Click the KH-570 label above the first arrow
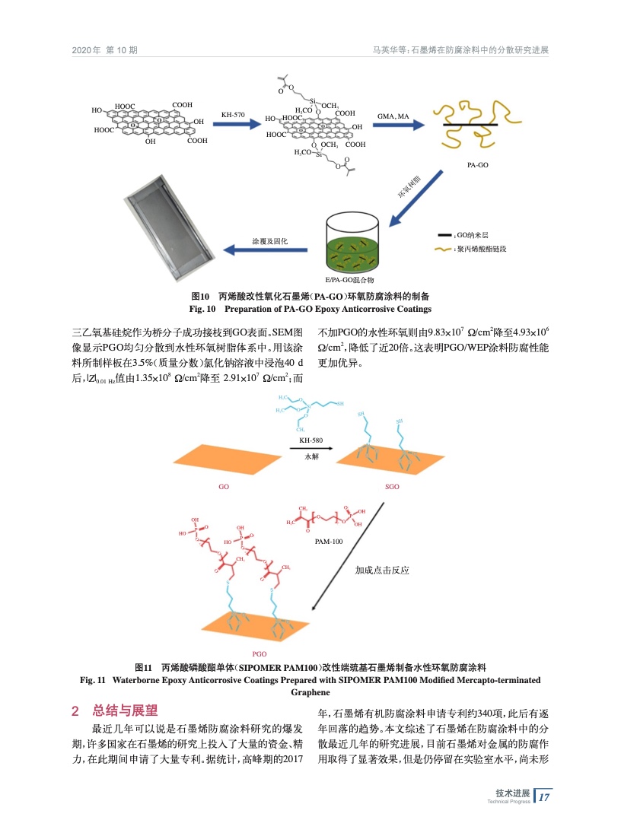point(232,115)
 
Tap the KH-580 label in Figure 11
point(311,440)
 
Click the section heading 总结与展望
point(124,711)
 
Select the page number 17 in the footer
point(544,796)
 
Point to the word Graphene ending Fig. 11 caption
point(310,693)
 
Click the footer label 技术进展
point(513,793)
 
